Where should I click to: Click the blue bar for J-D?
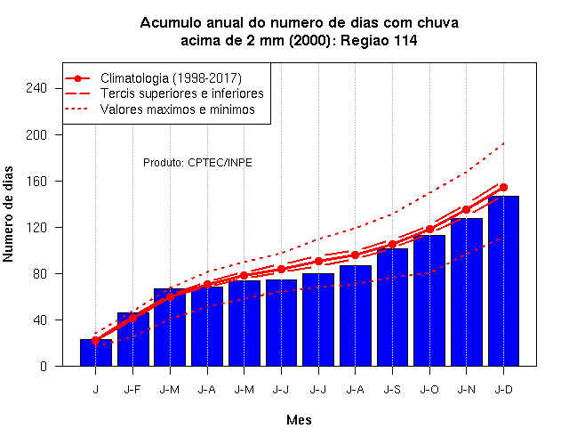(x=503, y=281)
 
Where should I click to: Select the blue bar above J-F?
(x=132, y=339)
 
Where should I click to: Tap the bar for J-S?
(x=392, y=307)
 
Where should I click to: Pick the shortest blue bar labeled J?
(x=96, y=352)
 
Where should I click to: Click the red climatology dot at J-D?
(x=503, y=188)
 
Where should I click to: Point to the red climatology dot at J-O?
(x=429, y=230)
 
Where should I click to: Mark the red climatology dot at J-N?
(x=466, y=210)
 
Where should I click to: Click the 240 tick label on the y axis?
(x=36, y=88)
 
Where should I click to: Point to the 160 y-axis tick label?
(x=36, y=181)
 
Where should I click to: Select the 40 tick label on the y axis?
(x=40, y=320)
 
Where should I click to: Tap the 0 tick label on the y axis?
(x=44, y=366)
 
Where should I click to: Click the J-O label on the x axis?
(x=429, y=390)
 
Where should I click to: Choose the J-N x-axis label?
(x=466, y=390)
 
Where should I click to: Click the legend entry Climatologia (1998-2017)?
(x=171, y=78)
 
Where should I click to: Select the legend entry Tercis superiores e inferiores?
(x=181, y=93)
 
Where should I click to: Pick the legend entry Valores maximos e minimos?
(x=178, y=109)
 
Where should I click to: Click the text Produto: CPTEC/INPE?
(x=197, y=162)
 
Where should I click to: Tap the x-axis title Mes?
(x=299, y=420)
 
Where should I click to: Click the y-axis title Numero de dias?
(x=8, y=214)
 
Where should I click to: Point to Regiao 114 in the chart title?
(x=379, y=40)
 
